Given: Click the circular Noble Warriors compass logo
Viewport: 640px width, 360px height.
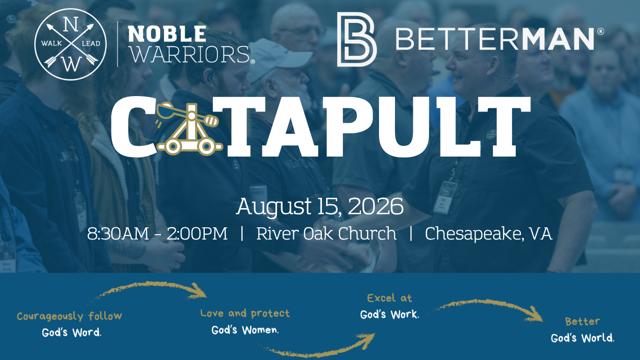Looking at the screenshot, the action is [71, 45].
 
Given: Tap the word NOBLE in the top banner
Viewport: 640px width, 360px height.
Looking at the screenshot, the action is [167, 34].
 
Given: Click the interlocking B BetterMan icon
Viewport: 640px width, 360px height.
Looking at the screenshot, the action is [357, 39].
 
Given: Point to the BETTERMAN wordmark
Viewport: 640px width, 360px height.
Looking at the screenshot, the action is [500, 38].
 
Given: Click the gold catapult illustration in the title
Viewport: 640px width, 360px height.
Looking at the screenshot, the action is [189, 128].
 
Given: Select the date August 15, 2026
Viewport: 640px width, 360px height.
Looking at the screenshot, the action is [320, 206].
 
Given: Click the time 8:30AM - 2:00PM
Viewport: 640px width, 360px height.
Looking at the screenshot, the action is [157, 233].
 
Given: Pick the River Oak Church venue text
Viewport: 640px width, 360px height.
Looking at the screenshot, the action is [326, 233].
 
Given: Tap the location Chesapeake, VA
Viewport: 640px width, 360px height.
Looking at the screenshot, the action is [489, 234].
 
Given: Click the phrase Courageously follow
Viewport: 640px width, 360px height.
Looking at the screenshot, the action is [69, 316].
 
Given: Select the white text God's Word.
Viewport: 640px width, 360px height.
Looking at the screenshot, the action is [72, 332].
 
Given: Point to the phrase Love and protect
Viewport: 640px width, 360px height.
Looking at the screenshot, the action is [245, 314].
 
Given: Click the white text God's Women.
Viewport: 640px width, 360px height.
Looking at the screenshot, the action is [245, 330].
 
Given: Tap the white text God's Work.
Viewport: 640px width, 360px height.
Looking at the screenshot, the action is [390, 315].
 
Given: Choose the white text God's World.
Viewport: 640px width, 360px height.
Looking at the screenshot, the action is [582, 338].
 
